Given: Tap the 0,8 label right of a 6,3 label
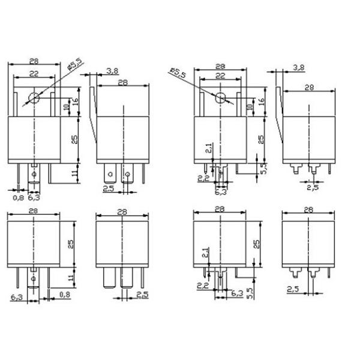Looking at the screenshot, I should click(65, 295).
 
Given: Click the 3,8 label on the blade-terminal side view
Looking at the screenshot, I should click(112, 70).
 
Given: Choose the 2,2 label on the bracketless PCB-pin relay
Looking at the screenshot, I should click(203, 285).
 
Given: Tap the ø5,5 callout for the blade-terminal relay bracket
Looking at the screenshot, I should click(74, 64).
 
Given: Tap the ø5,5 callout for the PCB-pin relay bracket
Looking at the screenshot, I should click(178, 73).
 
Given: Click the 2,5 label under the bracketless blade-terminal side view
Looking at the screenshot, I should click(142, 295).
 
